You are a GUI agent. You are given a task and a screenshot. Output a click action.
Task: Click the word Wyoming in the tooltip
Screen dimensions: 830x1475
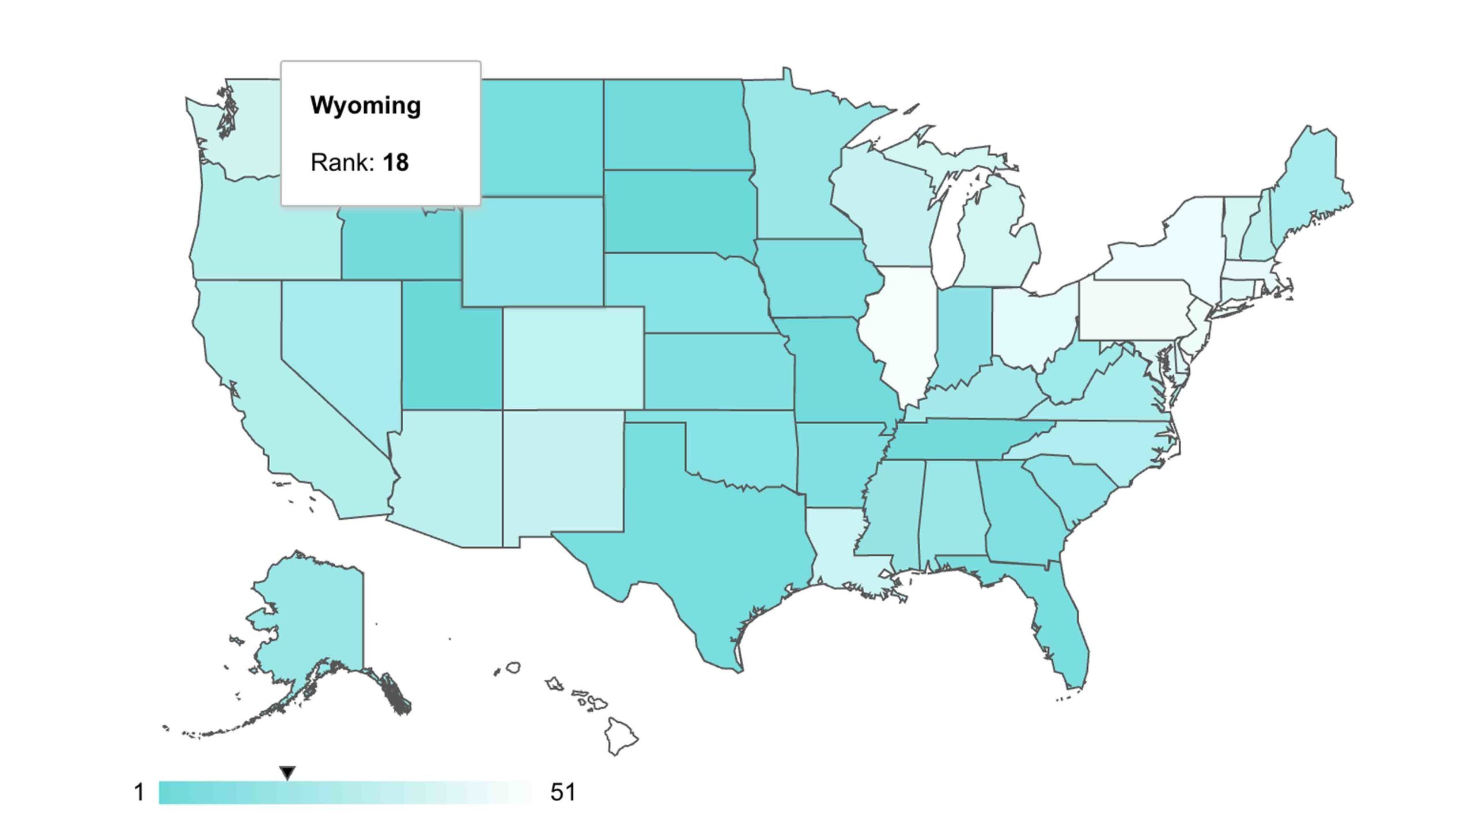coord(365,105)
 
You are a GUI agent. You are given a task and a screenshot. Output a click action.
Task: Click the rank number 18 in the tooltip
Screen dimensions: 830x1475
coord(396,163)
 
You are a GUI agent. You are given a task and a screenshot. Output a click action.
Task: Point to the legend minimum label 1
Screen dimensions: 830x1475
coord(139,793)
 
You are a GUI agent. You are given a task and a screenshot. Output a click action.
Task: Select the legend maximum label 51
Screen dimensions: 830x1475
coord(562,793)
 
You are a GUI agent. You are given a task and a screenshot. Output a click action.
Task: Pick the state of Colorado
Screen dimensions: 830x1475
coord(573,357)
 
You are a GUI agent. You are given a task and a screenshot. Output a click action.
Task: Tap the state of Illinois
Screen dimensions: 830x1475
coord(899,334)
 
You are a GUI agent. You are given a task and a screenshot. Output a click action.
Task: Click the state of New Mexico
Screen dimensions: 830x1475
coord(562,478)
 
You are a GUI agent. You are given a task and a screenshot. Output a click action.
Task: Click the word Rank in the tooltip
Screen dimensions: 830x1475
coord(341,163)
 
